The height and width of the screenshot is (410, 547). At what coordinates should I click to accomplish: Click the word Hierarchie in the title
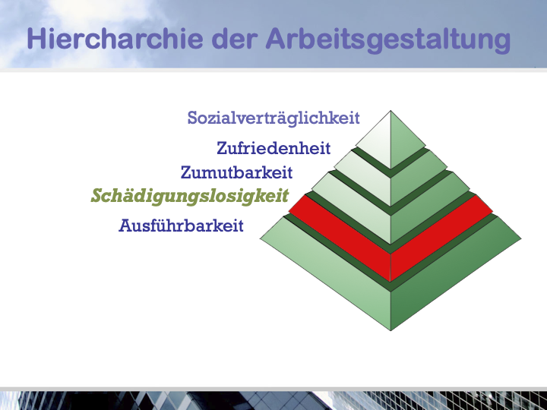point(115,39)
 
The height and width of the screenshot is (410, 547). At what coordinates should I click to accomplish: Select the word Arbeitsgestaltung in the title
point(388,40)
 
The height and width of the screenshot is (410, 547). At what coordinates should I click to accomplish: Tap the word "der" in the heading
point(235,39)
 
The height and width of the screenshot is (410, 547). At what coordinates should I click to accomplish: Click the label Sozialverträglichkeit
point(273,118)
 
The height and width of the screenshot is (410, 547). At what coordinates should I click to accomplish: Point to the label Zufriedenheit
point(273,148)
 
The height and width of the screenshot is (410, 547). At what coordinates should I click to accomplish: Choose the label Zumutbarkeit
point(236,172)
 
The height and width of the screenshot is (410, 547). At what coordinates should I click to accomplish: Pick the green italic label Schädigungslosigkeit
point(190,197)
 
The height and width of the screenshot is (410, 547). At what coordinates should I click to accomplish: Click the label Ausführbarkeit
point(181,225)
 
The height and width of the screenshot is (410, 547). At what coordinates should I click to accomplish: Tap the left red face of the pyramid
point(340,238)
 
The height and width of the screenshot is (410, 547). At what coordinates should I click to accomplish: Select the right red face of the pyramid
point(441,238)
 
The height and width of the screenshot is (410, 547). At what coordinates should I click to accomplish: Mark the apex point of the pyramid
point(390,111)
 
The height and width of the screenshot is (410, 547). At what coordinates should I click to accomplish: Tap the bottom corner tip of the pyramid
point(390,330)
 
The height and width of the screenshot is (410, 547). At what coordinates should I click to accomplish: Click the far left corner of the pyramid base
point(261,239)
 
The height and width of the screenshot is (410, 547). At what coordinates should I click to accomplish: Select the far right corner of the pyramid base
point(521,239)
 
